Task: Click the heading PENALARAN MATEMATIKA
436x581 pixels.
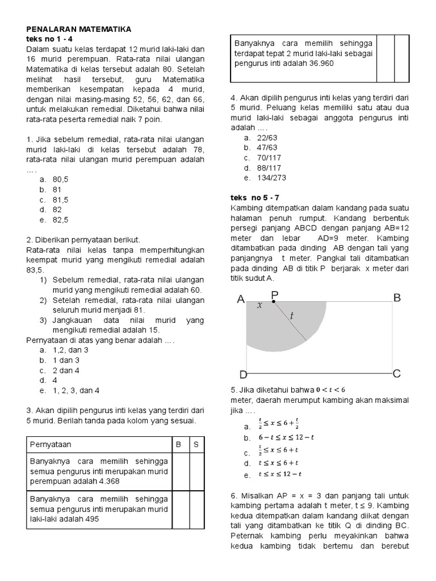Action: (78, 28)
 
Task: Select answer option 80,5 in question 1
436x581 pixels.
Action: (60, 179)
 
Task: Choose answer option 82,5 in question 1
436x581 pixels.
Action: (60, 220)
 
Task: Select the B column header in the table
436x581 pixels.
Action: (178, 444)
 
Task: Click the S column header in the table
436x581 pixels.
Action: (195, 444)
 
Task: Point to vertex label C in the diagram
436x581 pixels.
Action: (397, 373)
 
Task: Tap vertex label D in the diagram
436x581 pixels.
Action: (242, 375)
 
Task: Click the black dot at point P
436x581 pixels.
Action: (274, 302)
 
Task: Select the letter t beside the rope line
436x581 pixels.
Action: (292, 316)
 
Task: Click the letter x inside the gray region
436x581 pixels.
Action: (260, 305)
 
